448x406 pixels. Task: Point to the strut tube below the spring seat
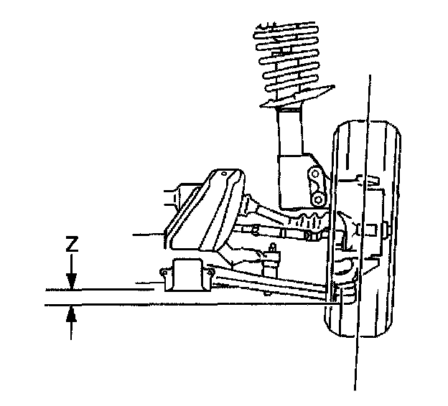click(x=289, y=133)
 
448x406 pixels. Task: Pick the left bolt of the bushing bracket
click(x=163, y=273)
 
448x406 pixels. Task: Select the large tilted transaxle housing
click(x=208, y=212)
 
